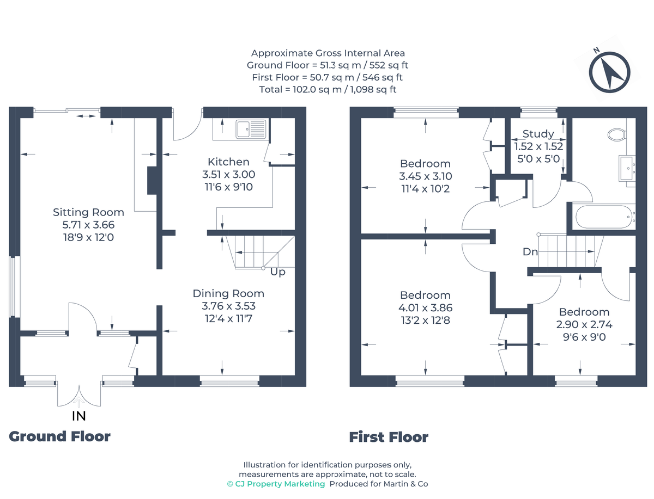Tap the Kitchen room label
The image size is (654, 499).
(228, 162)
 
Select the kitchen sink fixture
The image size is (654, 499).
(250, 130)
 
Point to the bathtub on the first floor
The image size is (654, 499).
(603, 216)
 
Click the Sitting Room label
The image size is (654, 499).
(88, 212)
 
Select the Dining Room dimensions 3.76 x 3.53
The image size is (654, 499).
(228, 306)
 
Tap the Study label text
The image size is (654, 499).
(538, 134)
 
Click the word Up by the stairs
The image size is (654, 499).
(278, 272)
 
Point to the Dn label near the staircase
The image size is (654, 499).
(530, 252)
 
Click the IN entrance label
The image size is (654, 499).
(78, 416)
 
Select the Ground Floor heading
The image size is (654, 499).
(60, 436)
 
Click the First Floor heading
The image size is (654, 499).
(389, 437)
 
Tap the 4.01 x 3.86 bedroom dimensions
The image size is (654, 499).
(425, 308)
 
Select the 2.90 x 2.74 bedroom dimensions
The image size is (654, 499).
(584, 325)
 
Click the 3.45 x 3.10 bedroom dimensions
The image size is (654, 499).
(425, 176)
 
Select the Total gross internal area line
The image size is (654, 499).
(328, 89)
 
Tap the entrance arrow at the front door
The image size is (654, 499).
(80, 403)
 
